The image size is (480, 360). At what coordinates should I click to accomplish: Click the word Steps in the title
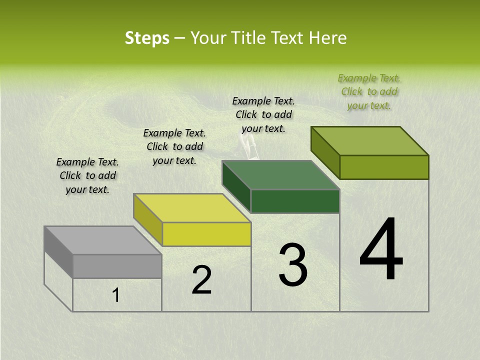pos(147,38)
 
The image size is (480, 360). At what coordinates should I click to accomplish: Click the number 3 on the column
pos(292,265)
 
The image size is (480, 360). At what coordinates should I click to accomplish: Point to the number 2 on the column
pos(201,280)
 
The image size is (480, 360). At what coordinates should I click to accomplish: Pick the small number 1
pos(116,295)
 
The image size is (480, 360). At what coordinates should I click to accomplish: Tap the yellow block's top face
pos(192,208)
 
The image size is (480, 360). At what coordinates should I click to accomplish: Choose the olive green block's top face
pos(370,141)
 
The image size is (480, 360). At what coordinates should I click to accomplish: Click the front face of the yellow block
pos(206,234)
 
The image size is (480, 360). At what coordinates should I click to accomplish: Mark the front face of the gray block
pos(117,266)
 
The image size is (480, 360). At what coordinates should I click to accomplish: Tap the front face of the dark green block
pos(295,201)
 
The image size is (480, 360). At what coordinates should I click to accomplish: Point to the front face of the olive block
pos(384,167)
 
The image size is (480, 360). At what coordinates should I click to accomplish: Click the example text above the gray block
pos(87,175)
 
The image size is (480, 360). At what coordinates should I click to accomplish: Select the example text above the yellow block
pos(174,146)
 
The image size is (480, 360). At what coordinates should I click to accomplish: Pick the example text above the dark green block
pos(263,114)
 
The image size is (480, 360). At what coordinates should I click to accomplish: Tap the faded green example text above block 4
pos(369,91)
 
